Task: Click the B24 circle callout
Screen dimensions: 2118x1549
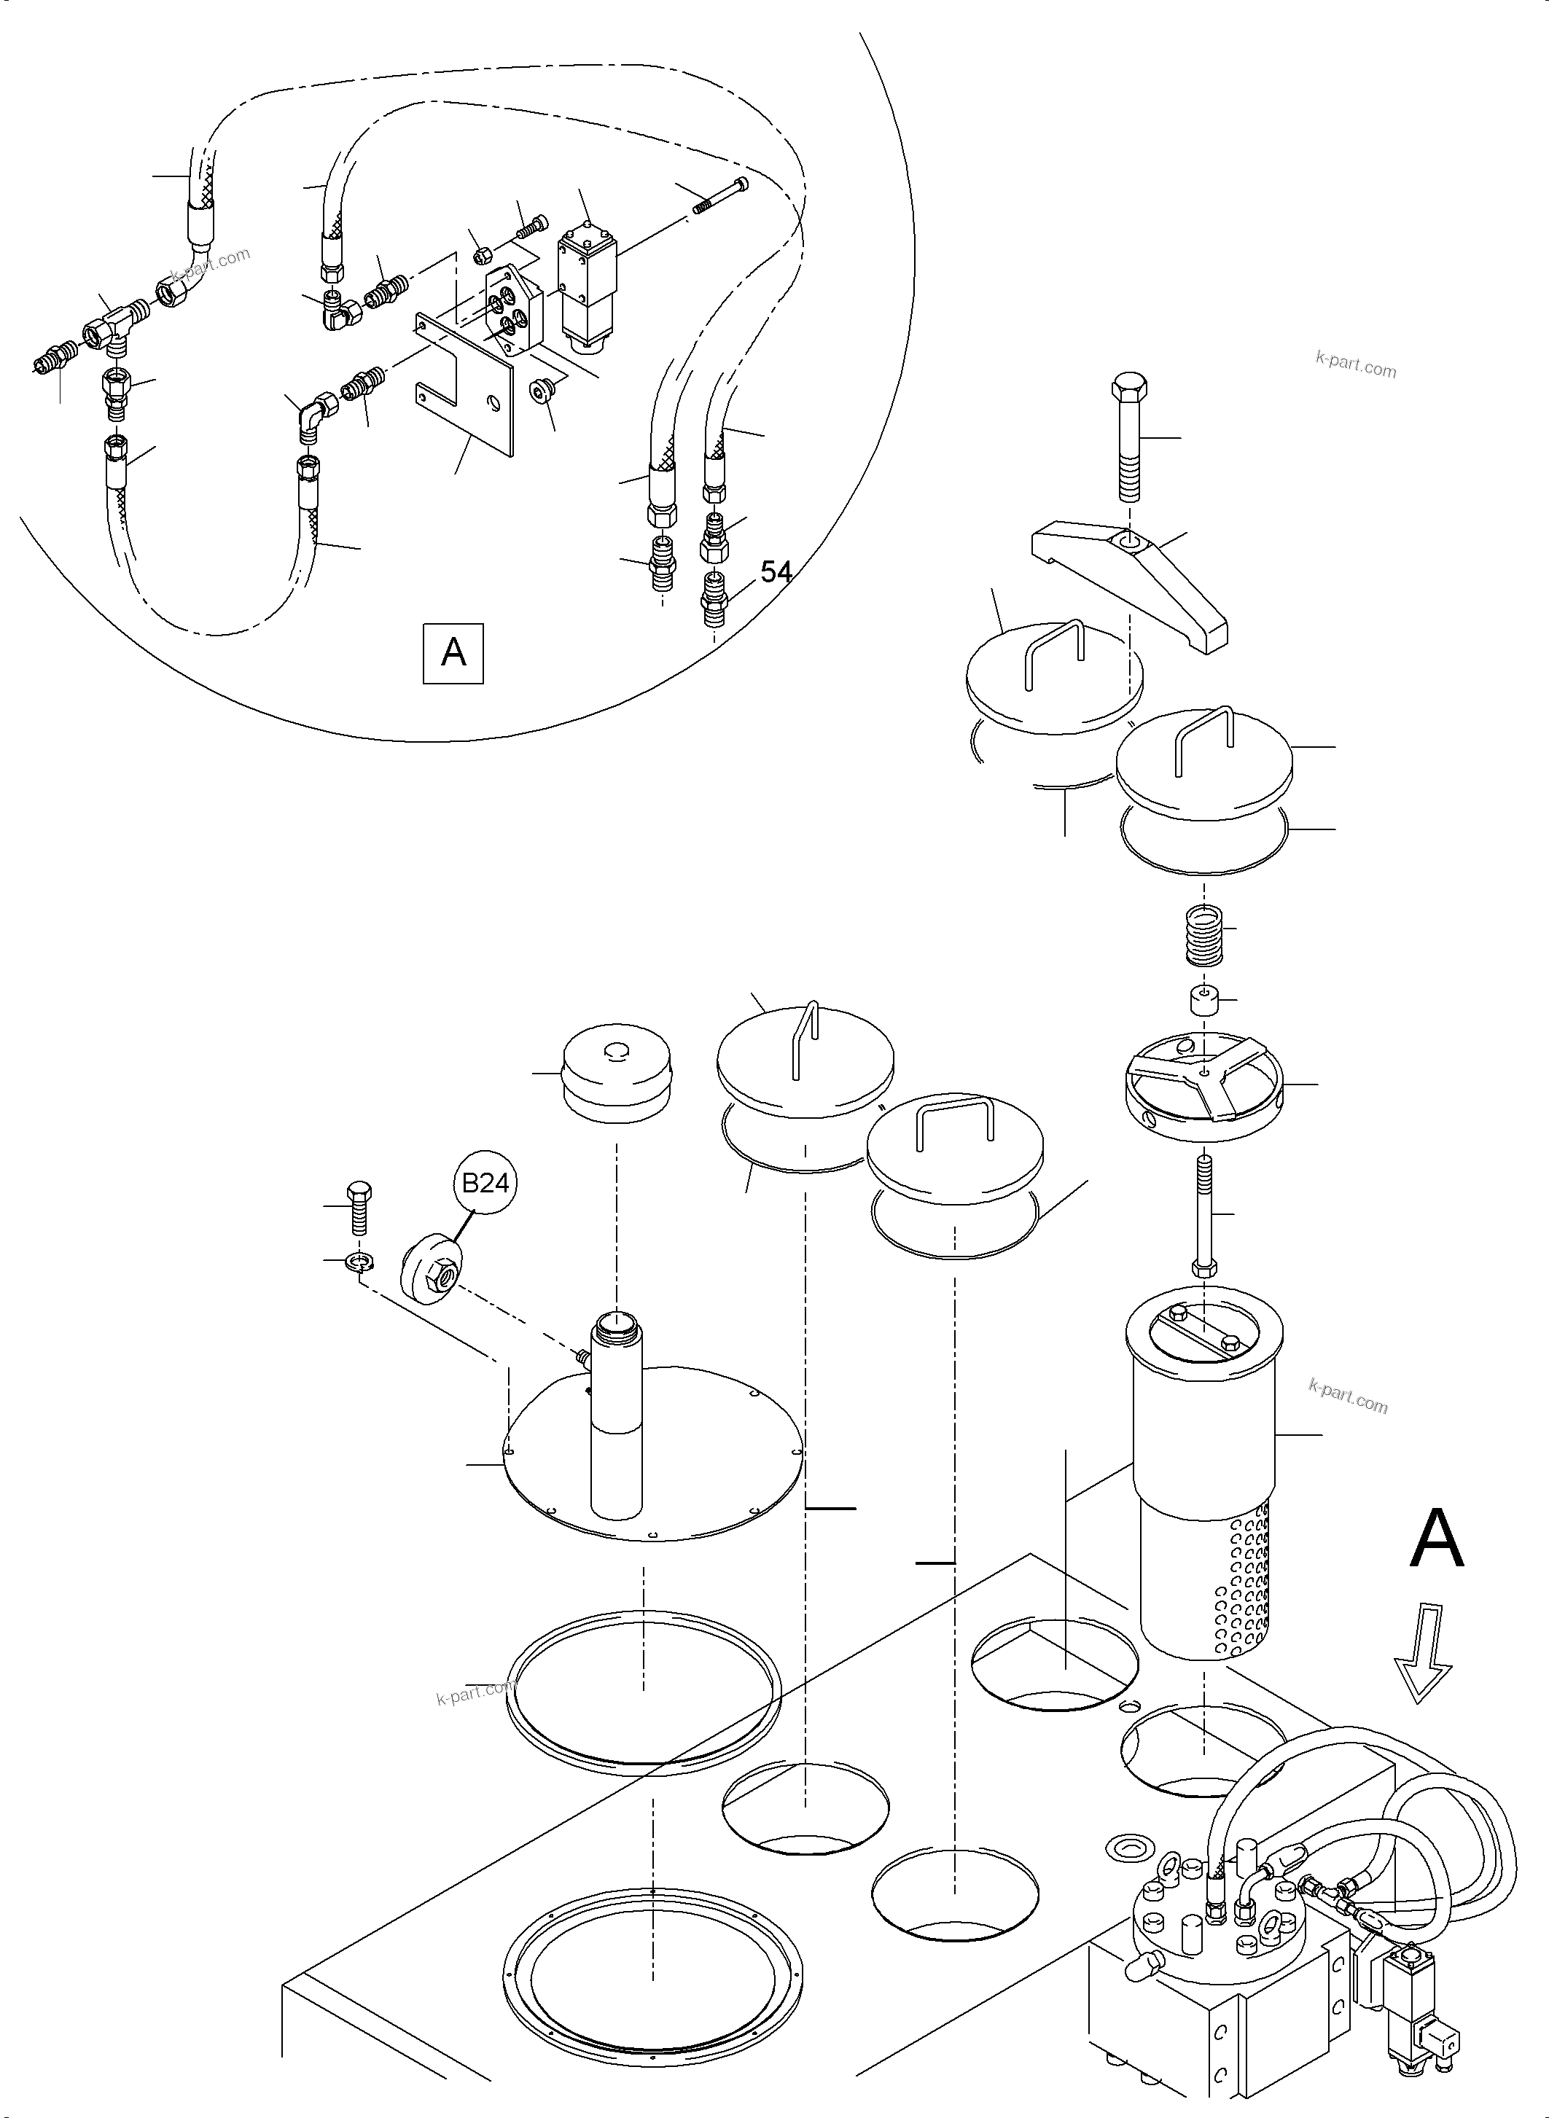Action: [485, 1183]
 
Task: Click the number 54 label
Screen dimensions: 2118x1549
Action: [776, 572]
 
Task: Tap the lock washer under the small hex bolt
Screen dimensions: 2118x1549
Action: [358, 1263]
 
